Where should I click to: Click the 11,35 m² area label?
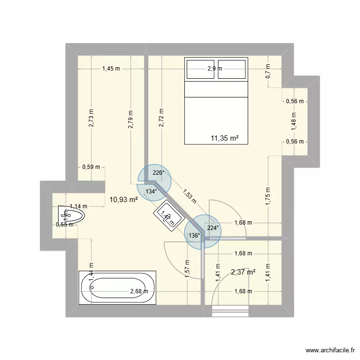point(225,138)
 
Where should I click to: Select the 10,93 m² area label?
point(124,200)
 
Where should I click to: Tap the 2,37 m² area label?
point(243,272)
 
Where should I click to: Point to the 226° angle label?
point(158,173)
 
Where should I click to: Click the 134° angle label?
point(151,191)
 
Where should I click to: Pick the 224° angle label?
point(213,228)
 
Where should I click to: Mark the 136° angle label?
point(194,236)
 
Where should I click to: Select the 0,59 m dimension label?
point(91,167)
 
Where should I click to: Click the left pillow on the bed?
point(200,69)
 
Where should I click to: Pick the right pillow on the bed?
point(232,69)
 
